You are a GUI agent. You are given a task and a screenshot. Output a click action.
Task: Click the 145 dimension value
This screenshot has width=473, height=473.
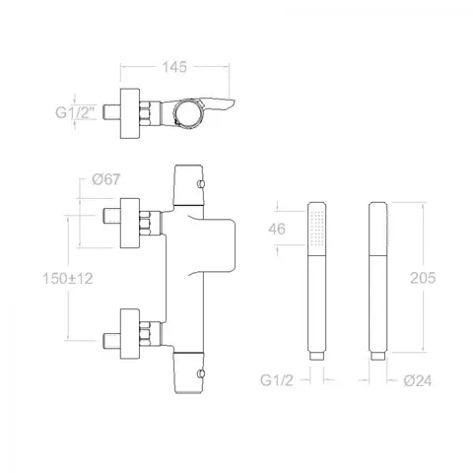[x=174, y=67]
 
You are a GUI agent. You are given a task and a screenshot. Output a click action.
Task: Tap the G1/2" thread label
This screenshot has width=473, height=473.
[x=75, y=112]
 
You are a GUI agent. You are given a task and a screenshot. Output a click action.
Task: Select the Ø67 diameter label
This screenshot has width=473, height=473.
[x=106, y=179]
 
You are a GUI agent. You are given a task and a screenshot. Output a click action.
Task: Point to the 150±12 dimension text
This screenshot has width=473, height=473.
[x=68, y=279]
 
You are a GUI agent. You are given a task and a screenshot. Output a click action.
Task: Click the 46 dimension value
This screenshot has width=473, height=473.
[x=277, y=229]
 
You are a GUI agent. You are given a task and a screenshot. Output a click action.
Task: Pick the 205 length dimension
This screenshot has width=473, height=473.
[x=423, y=278]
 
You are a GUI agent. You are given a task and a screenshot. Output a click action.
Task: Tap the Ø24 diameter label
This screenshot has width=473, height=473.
[x=418, y=380]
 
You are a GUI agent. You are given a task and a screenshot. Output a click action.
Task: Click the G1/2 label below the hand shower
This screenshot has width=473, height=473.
[x=276, y=380]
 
